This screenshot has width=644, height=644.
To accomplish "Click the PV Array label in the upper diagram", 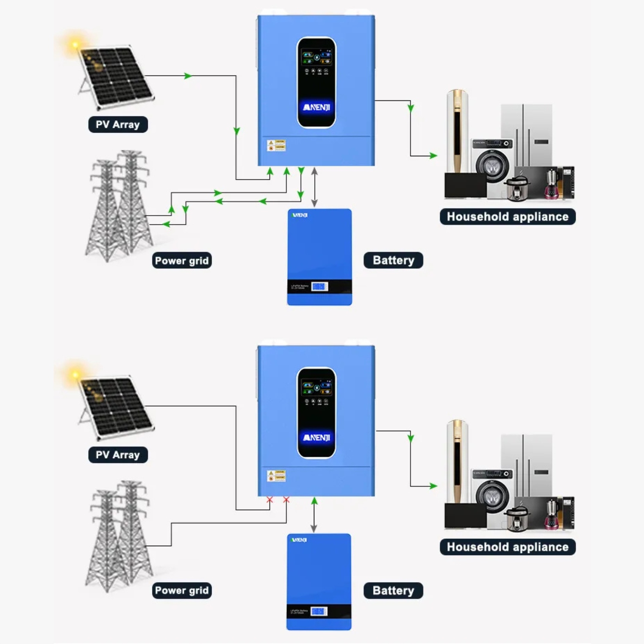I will [118, 125].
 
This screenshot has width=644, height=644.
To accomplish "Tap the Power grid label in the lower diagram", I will [182, 591].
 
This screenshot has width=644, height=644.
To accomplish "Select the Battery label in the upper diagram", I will [393, 260].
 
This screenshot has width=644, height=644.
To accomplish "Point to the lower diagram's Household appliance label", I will [507, 547].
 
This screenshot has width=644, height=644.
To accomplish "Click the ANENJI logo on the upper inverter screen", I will [316, 107].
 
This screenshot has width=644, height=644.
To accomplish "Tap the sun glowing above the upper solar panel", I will [75, 45].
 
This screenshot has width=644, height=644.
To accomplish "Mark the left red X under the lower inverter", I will [270, 500].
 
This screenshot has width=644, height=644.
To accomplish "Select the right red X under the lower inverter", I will [286, 500].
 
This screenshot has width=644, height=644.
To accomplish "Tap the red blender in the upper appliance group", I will [552, 185].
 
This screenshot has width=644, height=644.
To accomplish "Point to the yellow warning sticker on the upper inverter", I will [276, 145].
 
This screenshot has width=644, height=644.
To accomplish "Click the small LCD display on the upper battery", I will [319, 286].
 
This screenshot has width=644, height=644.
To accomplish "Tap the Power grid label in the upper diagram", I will [182, 261].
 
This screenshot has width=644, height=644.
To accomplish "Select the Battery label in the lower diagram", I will [393, 591].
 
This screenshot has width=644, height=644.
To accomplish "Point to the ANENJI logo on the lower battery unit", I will [299, 540].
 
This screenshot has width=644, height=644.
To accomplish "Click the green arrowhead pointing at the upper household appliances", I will [433, 155].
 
